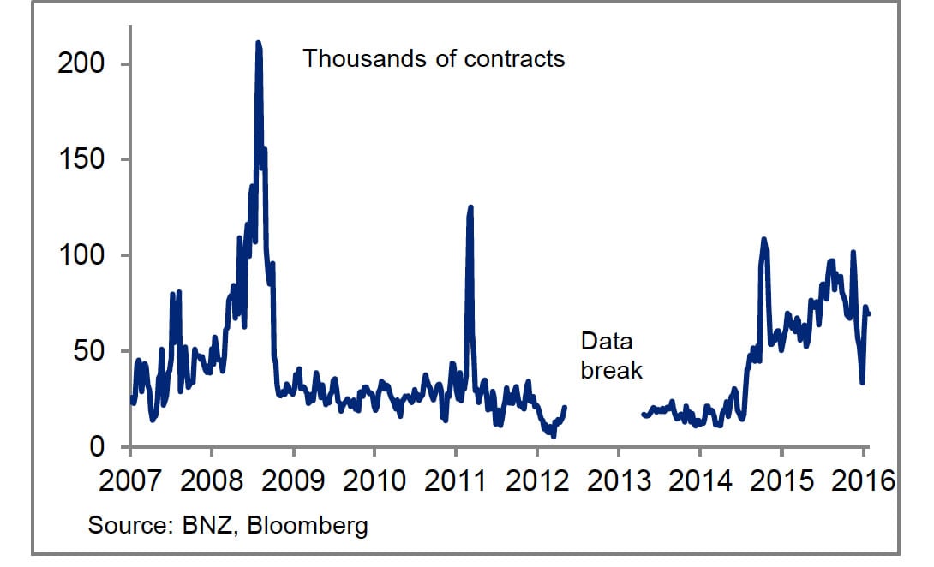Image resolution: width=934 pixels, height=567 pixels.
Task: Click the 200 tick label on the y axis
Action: coord(81,64)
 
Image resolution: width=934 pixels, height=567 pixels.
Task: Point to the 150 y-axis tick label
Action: coord(81,160)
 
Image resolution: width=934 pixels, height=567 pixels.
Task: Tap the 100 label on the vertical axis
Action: coord(81,256)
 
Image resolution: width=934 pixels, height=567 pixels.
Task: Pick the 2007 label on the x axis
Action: coord(130,480)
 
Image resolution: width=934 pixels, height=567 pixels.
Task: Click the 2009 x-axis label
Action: coord(293,480)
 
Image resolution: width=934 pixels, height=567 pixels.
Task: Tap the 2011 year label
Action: coord(455,480)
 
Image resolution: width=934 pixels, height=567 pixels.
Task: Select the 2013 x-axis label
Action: coord(617,480)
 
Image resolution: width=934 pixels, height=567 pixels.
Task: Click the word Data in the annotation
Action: coord(606,342)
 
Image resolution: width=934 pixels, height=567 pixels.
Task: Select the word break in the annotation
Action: coord(611,370)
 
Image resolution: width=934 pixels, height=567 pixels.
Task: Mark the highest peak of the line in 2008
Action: coord(258,43)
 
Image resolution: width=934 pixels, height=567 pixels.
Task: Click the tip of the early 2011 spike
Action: coord(470,207)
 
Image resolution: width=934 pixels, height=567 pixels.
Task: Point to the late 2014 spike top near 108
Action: coord(763,240)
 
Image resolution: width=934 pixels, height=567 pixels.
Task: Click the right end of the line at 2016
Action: coord(869,314)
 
